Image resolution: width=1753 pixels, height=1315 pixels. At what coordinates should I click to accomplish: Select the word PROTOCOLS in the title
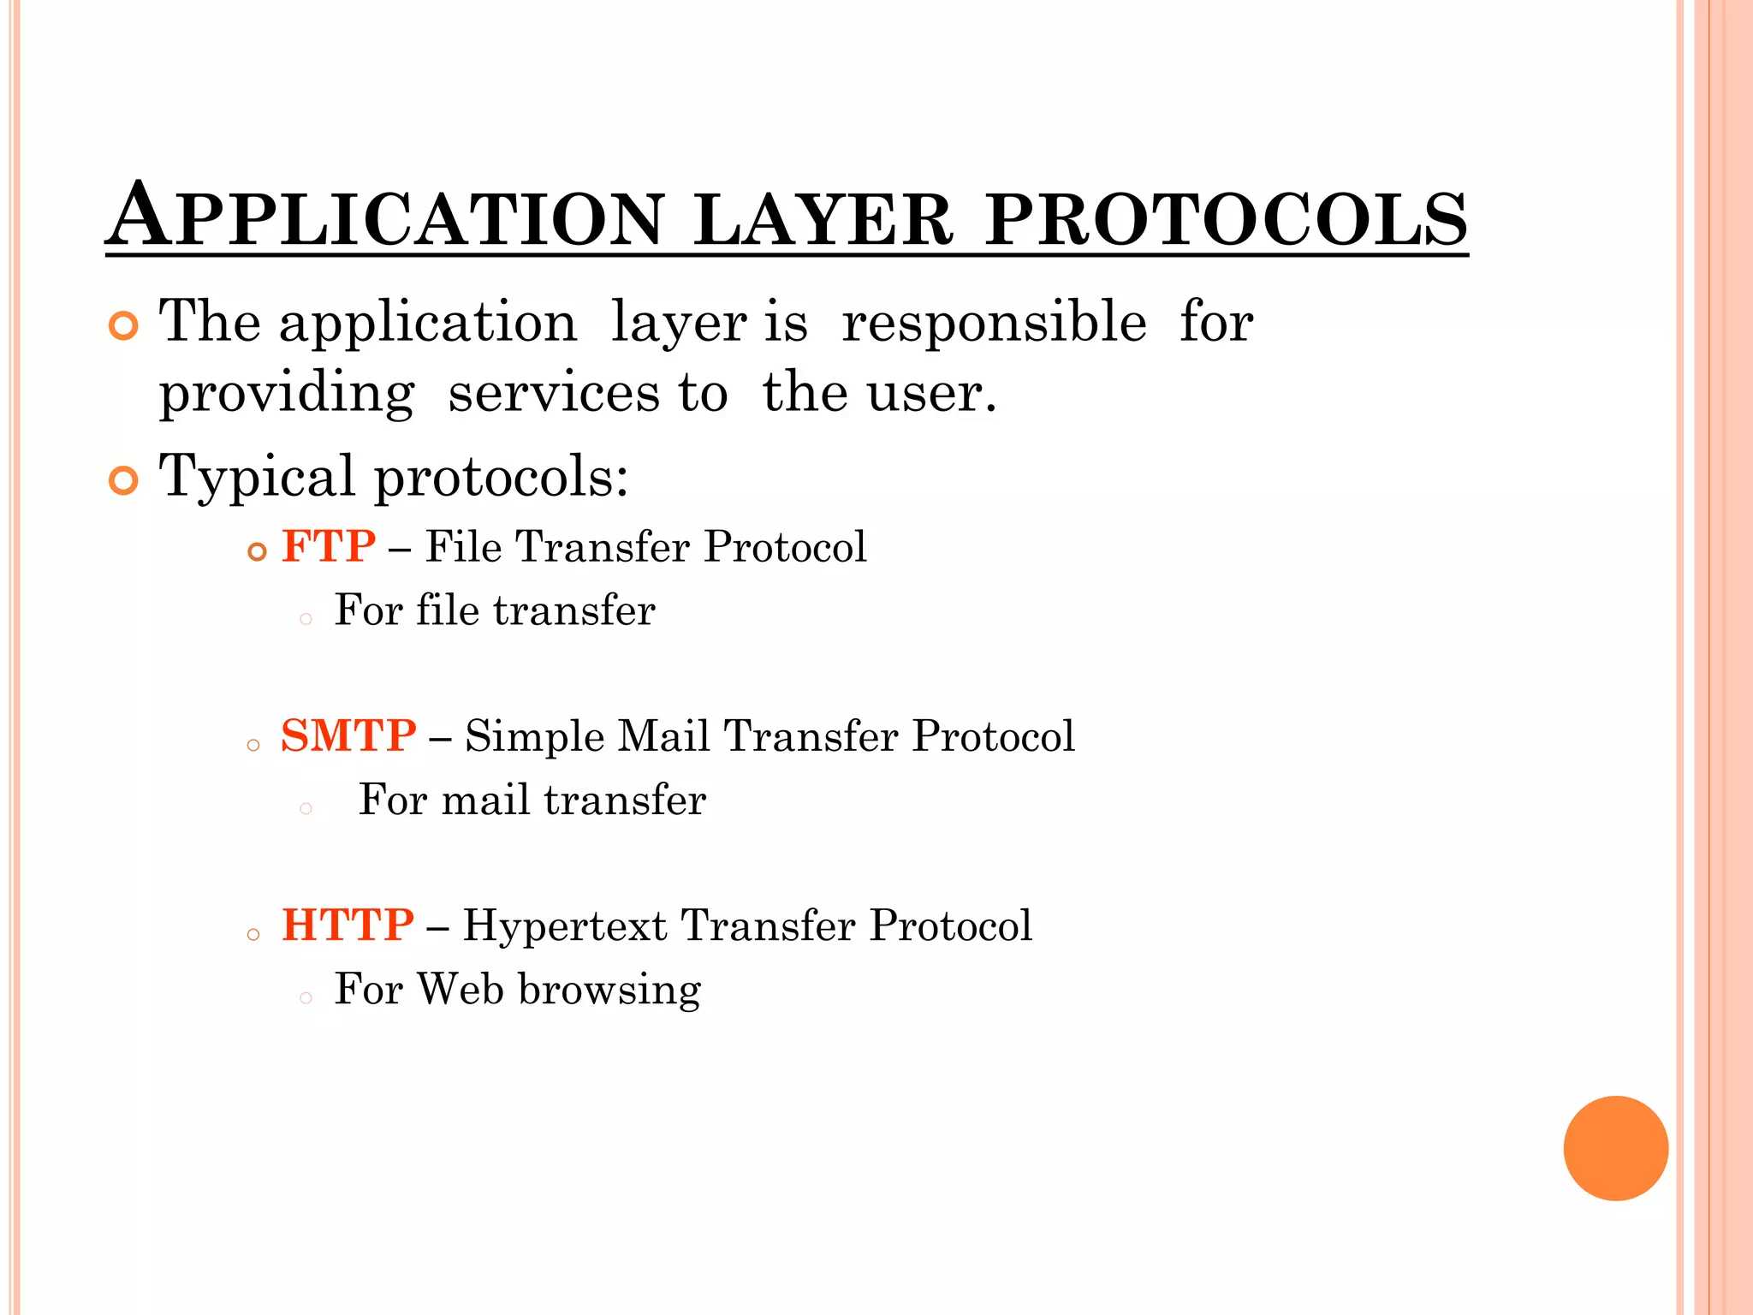[x=1226, y=219]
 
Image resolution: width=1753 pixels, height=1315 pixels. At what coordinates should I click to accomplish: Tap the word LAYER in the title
[x=823, y=219]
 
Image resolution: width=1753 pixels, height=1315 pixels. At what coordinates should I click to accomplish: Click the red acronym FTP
[x=329, y=546]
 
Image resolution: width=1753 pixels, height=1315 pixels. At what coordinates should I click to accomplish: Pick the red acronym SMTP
[x=348, y=735]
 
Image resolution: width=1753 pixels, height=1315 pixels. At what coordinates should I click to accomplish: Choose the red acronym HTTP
[x=348, y=925]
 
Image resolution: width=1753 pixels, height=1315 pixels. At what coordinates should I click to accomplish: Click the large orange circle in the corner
[x=1615, y=1148]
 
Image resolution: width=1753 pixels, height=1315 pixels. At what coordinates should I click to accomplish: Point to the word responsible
[x=994, y=323]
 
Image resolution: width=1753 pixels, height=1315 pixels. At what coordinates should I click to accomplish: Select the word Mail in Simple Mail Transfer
[x=663, y=735]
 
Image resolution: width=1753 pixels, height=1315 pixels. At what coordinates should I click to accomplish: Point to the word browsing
[x=609, y=991]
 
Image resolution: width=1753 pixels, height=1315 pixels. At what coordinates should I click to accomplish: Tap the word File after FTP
[x=463, y=546]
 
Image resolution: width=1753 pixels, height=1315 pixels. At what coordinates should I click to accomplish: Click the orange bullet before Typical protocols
[x=124, y=480]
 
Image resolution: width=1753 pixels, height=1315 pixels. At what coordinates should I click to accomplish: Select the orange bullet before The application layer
[x=124, y=326]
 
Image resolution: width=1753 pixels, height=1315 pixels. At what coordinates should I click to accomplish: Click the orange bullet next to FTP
[x=257, y=552]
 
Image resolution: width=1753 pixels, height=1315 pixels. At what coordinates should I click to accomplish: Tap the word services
[x=553, y=393]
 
